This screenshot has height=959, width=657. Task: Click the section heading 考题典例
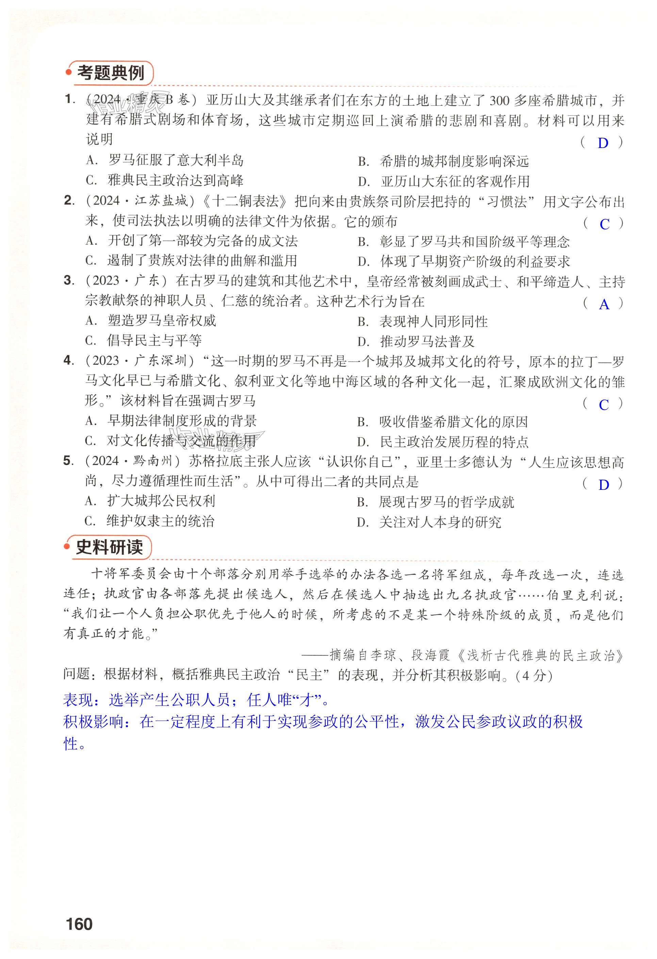click(110, 73)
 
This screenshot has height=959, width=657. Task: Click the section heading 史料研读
click(109, 547)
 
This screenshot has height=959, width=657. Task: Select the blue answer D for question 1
click(603, 143)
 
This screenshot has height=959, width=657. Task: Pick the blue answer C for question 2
click(604, 224)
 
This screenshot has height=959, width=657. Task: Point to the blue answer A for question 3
click(604, 304)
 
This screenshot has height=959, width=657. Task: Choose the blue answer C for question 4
click(604, 405)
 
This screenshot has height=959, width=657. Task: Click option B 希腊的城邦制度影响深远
click(443, 161)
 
